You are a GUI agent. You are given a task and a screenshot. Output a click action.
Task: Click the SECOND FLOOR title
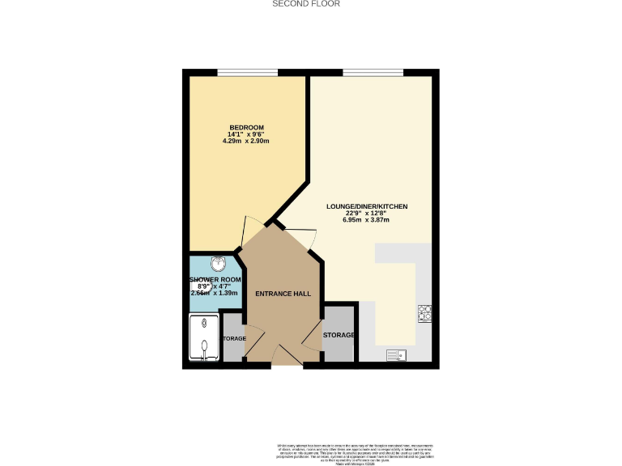pos(305,4)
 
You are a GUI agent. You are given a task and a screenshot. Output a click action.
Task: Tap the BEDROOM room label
pos(245,128)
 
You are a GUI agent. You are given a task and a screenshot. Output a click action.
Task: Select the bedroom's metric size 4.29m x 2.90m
pos(245,141)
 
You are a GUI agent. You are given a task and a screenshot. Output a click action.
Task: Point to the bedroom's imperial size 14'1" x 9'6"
pos(245,134)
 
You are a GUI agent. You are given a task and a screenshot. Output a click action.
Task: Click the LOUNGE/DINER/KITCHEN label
pos(367,206)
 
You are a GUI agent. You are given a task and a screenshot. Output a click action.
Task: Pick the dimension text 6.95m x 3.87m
pos(367,220)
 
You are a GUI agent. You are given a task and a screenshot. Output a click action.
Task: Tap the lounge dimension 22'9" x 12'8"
pos(367,214)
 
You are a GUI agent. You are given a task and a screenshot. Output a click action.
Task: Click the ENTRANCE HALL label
pos(279,293)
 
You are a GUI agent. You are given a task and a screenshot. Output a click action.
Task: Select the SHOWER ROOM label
pos(215,280)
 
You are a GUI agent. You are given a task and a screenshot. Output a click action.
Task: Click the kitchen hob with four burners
pos(424,313)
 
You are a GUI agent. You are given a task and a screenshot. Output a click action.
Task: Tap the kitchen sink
pos(396,354)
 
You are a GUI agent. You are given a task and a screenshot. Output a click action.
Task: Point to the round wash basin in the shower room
pos(217,263)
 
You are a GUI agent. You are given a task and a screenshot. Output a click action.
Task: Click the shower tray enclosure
pos(203,338)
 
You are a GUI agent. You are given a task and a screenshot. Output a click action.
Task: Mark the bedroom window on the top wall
pos(248,74)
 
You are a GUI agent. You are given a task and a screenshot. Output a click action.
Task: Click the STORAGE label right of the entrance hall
pos(339,335)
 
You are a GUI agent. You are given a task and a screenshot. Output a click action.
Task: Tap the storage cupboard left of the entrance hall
pos(233,338)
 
